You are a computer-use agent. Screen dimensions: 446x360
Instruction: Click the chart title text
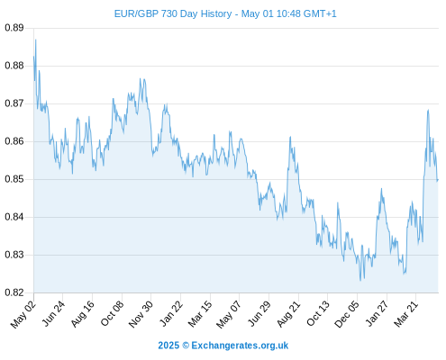pyautogui.click(x=225, y=13)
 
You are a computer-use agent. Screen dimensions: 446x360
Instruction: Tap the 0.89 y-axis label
pyautogui.click(x=14, y=28)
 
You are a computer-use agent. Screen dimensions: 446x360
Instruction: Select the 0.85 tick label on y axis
pyautogui.click(x=14, y=179)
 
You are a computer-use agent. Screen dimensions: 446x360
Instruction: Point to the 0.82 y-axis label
pyautogui.click(x=14, y=292)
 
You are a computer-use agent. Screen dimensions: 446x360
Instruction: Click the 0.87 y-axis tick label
pyautogui.click(x=14, y=103)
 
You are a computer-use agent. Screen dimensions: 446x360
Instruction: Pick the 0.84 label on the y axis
pyautogui.click(x=14, y=217)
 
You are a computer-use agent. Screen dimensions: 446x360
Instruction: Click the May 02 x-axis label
pyautogui.click(x=23, y=314)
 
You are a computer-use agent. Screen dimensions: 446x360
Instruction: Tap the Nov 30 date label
pyautogui.click(x=141, y=314)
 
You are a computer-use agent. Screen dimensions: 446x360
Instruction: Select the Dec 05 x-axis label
pyautogui.click(x=347, y=314)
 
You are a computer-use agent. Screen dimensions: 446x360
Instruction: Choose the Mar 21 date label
pyautogui.click(x=405, y=314)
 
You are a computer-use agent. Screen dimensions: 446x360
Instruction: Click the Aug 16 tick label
pyautogui.click(x=82, y=314)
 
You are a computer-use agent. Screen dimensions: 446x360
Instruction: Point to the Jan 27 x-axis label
pyautogui.click(x=377, y=314)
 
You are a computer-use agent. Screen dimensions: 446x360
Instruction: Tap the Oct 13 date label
pyautogui.click(x=318, y=314)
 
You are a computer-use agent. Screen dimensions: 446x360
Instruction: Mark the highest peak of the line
pyautogui.click(x=36, y=40)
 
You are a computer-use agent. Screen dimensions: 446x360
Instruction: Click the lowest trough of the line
pyautogui.click(x=360, y=281)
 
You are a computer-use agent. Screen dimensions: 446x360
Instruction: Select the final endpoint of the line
pyautogui.click(x=438, y=180)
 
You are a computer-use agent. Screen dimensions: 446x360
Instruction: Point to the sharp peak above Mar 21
pyautogui.click(x=428, y=110)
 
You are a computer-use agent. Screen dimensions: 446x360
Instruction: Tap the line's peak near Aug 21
pyautogui.click(x=290, y=137)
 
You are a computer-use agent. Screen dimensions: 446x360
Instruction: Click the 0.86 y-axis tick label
pyautogui.click(x=14, y=141)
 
